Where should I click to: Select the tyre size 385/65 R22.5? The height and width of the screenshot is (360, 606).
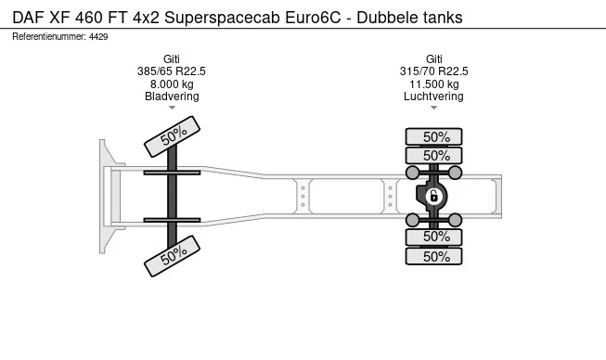pyautogui.click(x=172, y=71)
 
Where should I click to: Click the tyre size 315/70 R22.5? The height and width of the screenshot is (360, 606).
pyautogui.click(x=434, y=71)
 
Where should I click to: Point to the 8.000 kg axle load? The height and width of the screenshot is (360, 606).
pyautogui.click(x=172, y=84)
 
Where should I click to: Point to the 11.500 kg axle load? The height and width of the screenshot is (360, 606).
pyautogui.click(x=434, y=84)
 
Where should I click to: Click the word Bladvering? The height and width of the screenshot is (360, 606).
pyautogui.click(x=172, y=96)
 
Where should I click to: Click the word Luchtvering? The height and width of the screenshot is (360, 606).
pyautogui.click(x=434, y=96)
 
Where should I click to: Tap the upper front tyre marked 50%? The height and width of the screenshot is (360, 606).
pyautogui.click(x=172, y=137)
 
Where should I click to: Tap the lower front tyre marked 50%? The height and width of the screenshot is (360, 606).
pyautogui.click(x=172, y=254)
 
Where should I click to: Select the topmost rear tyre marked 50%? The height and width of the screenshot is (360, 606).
pyautogui.click(x=435, y=136)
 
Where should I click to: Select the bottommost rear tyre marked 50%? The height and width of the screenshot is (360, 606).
pyautogui.click(x=435, y=256)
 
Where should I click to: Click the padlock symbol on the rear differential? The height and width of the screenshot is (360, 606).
pyautogui.click(x=433, y=196)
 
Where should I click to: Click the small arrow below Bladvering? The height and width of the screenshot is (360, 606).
pyautogui.click(x=172, y=109)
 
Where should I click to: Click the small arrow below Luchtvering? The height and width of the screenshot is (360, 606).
pyautogui.click(x=434, y=109)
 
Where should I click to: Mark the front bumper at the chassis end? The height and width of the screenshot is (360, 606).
pyautogui.click(x=106, y=196)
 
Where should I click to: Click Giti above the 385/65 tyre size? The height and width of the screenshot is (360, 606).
pyautogui.click(x=172, y=58)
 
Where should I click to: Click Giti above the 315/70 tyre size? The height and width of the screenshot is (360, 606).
pyautogui.click(x=434, y=58)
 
